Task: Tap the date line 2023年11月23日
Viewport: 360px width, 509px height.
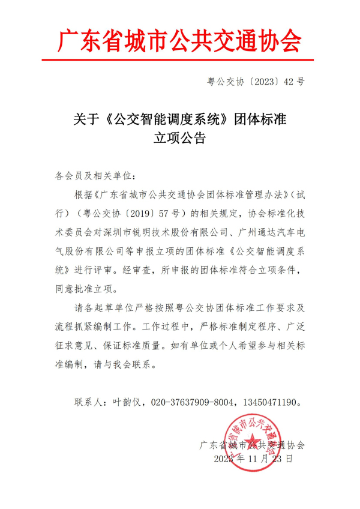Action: [253, 459]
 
